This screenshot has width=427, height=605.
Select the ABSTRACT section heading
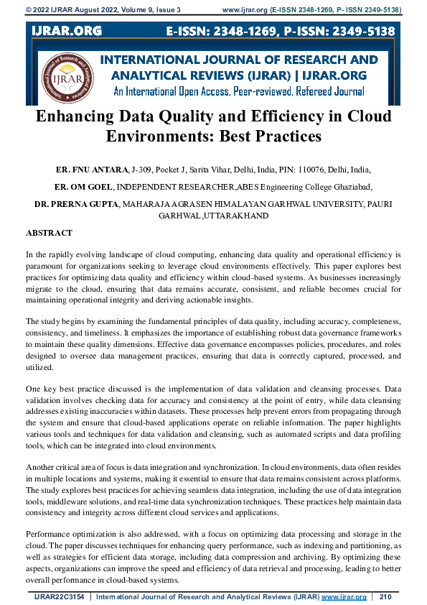[49, 234]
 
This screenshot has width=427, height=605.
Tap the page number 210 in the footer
[385, 596]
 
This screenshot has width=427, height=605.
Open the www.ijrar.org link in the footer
[344, 596]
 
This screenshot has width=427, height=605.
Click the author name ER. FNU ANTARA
[92, 170]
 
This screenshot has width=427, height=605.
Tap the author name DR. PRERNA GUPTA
[77, 204]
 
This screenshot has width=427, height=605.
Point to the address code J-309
[144, 170]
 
